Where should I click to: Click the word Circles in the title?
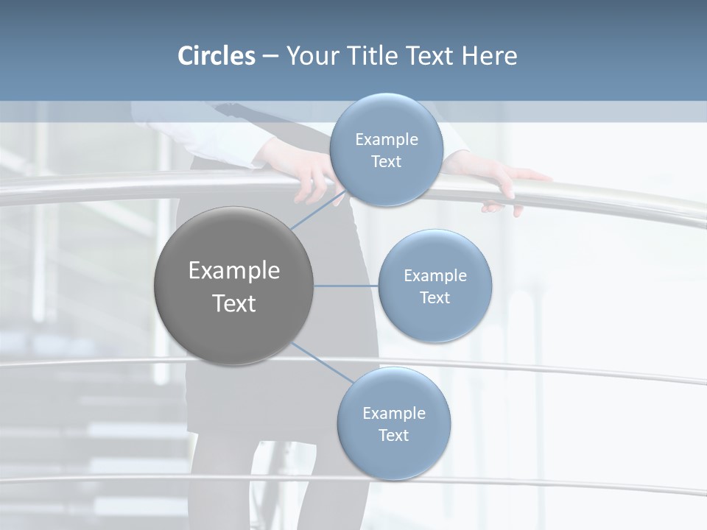click(x=216, y=56)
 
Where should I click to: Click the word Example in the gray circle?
click(x=234, y=271)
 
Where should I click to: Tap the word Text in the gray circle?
click(x=234, y=303)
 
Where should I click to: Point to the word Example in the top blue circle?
click(x=386, y=140)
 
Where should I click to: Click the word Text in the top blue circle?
click(x=386, y=162)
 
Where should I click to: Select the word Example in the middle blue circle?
click(x=435, y=276)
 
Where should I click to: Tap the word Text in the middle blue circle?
click(x=435, y=298)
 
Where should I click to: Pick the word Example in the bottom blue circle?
click(x=394, y=413)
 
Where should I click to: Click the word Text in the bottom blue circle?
click(x=394, y=435)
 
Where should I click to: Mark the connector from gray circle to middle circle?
click(x=346, y=286)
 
